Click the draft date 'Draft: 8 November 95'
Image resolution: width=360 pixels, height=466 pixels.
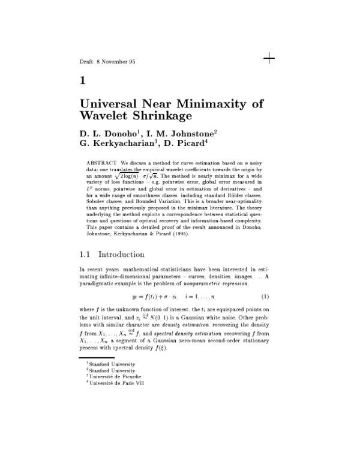(107, 61)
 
